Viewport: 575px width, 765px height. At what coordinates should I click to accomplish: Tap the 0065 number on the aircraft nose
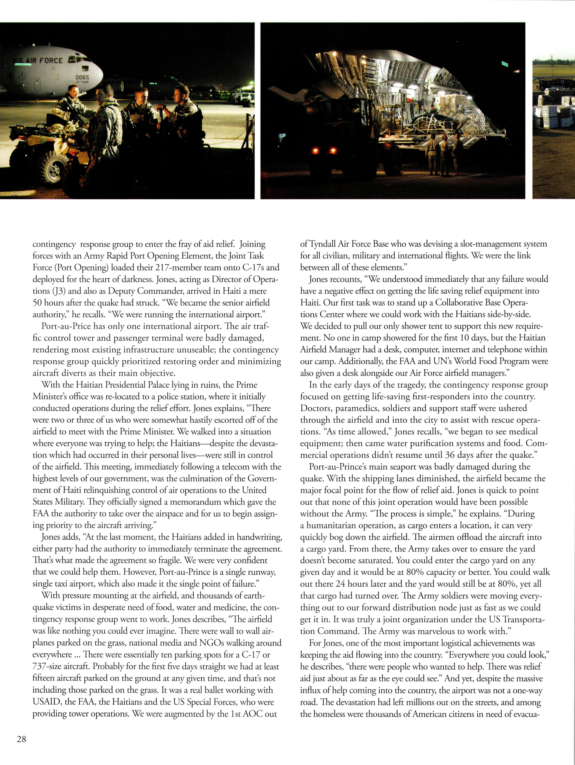pos(82,78)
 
